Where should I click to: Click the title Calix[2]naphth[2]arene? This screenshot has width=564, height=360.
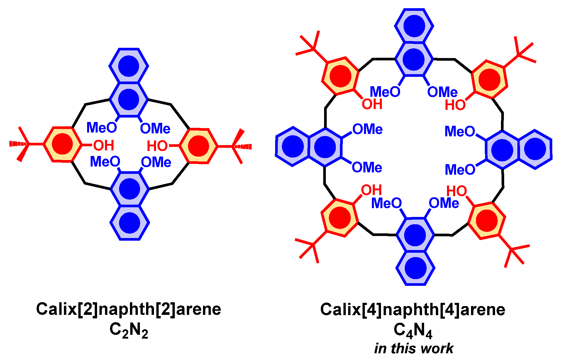pyautogui.click(x=128, y=309)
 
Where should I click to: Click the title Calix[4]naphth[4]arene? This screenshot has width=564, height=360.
pyautogui.click(x=413, y=310)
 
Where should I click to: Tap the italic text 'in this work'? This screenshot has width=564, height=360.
pyautogui.click(x=414, y=349)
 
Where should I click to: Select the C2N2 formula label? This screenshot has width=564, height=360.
pyautogui.click(x=128, y=331)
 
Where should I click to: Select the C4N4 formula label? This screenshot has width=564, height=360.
pyautogui.click(x=413, y=331)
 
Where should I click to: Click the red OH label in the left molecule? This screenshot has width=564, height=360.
pyautogui.click(x=104, y=145)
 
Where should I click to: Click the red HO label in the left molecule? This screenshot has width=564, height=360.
pyautogui.click(x=157, y=146)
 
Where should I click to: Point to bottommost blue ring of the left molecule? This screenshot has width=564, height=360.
pyautogui.click(x=130, y=223)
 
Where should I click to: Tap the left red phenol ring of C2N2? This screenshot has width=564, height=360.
pyautogui.click(x=62, y=144)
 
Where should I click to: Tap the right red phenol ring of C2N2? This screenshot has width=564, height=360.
pyautogui.click(x=199, y=146)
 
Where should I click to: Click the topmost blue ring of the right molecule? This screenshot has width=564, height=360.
pyautogui.click(x=414, y=26)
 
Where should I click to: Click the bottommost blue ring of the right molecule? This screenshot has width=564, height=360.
pyautogui.click(x=415, y=268)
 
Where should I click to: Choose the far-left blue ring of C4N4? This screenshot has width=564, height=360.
pyautogui.click(x=293, y=146)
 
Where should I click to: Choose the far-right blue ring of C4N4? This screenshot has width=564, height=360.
pyautogui.click(x=535, y=149)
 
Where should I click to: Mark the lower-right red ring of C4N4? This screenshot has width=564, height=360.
pyautogui.click(x=487, y=220)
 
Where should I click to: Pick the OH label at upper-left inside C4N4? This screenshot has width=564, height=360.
pyautogui.click(x=372, y=104)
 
